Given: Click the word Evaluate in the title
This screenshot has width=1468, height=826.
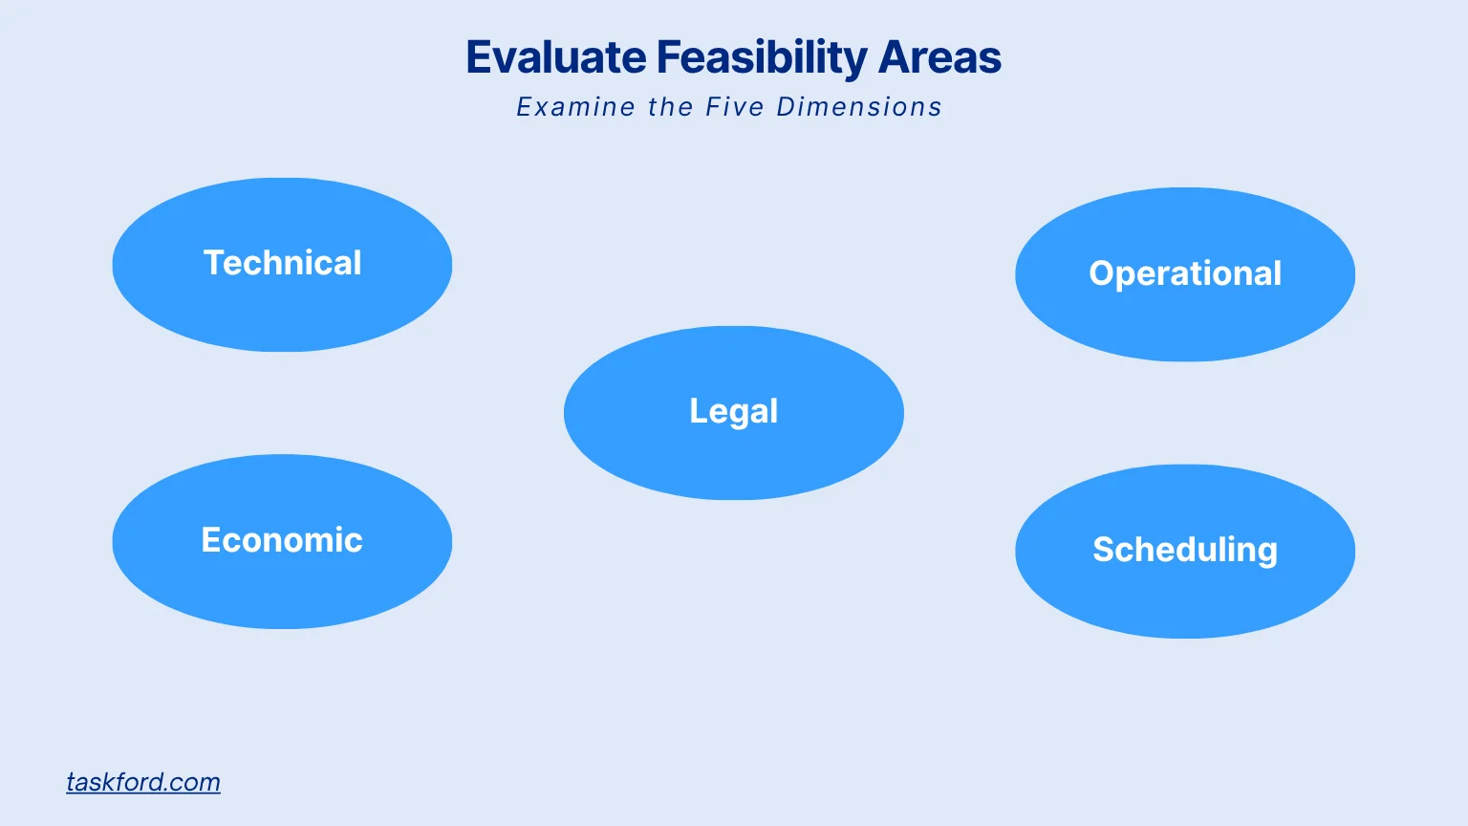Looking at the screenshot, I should click(555, 57).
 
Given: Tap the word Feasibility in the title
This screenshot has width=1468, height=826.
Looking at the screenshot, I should click(761, 57).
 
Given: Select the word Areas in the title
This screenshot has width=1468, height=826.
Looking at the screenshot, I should click(939, 57).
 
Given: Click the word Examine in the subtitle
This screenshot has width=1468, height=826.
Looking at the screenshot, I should click(575, 107).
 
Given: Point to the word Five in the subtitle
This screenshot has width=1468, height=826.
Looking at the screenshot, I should click(734, 107).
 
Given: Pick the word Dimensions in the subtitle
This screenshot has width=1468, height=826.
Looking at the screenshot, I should click(858, 107).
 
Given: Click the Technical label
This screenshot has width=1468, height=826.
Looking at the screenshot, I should click(282, 263).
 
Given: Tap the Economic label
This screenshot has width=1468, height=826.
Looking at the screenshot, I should click(282, 540).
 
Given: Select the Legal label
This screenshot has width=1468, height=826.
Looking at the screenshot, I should click(733, 411).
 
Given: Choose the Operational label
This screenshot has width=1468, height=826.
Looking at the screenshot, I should click(1185, 273).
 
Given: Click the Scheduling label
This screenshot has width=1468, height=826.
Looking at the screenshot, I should click(1185, 550).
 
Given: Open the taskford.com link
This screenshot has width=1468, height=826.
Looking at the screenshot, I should click(143, 782).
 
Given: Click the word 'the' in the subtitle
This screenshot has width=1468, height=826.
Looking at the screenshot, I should click(670, 107).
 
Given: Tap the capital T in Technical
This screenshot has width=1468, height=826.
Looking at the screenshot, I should click(215, 263).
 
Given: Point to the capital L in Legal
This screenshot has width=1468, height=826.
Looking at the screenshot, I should click(699, 411).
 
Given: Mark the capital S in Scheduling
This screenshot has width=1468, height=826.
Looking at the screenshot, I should click(1105, 550).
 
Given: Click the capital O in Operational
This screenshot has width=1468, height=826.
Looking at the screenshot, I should click(1103, 273).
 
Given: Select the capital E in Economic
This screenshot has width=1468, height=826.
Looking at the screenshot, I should click(211, 540).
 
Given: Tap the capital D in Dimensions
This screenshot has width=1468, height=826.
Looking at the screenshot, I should click(786, 107).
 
